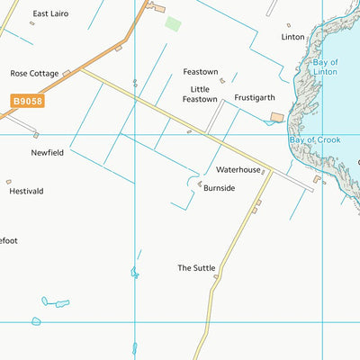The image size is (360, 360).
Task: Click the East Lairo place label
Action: coord(50,14)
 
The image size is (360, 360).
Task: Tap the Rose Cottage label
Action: coord(34,74)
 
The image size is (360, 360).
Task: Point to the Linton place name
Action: coord(292,37)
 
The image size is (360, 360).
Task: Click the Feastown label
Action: coord(201,71)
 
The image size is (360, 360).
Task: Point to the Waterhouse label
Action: coord(238,169)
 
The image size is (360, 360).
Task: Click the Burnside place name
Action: coord(219,188)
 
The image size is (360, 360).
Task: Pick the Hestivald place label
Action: coord(26,192)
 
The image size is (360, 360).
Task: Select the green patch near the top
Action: coord(172,22)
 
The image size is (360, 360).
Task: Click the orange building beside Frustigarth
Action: coord(275,117)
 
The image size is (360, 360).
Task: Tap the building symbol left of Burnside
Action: coord(200,183)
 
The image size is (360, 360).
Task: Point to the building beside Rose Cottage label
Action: coord(67,72)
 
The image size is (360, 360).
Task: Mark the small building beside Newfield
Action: coord(36,135)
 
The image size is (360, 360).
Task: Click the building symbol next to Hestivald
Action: coord(9,181)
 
